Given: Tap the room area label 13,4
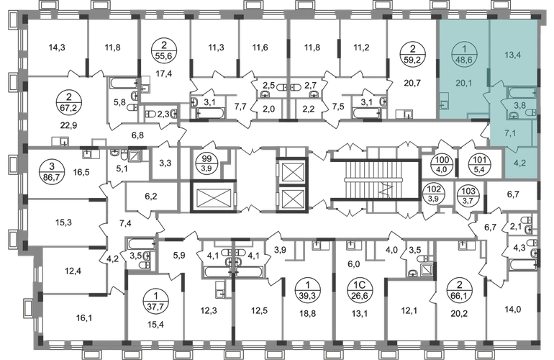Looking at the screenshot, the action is (512, 55).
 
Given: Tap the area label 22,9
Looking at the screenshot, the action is (68, 125).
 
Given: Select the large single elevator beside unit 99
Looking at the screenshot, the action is (212, 197).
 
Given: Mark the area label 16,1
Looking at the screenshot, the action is (83, 318).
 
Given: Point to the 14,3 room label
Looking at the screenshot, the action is (57, 47).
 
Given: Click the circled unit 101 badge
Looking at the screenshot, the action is (479, 164).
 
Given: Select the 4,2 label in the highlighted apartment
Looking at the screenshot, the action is (521, 163).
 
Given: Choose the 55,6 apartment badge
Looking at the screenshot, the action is (164, 50).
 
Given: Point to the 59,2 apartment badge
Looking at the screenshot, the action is (412, 54).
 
